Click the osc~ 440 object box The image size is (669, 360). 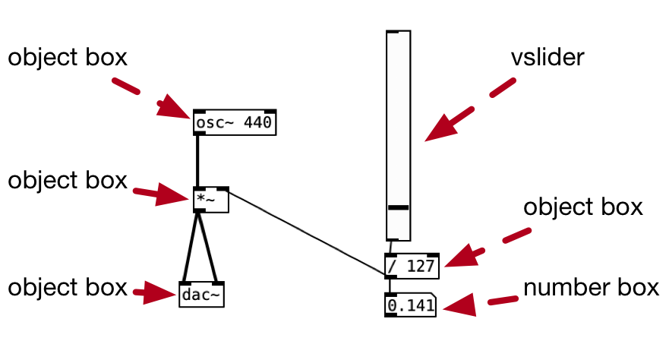[x=235, y=122]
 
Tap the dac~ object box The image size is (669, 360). [x=202, y=294]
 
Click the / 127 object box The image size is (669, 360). [x=412, y=265]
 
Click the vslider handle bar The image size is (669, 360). [x=398, y=207]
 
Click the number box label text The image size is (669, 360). [x=589, y=288]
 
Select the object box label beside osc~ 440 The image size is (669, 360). [x=68, y=58]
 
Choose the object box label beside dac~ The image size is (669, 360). [x=68, y=288]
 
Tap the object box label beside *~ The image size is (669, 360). [x=68, y=181]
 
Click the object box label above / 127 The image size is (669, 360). [x=583, y=207]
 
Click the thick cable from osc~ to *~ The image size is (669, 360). [x=197, y=160]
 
